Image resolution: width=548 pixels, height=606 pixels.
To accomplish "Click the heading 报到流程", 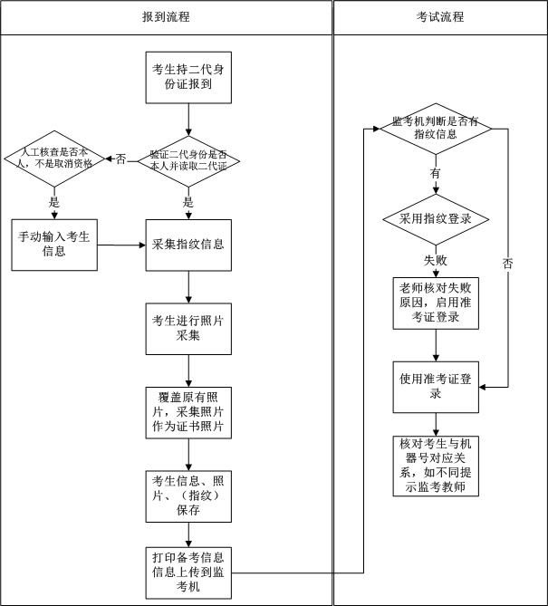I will [166, 16].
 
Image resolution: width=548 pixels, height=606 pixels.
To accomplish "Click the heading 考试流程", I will [440, 16].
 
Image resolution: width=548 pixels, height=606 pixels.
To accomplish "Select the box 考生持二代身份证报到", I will [188, 77].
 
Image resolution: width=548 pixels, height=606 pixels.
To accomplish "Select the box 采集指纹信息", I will [188, 245].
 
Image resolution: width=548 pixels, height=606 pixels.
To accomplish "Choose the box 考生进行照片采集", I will [188, 328].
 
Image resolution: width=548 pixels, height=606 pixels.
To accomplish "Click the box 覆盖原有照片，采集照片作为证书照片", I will [188, 411].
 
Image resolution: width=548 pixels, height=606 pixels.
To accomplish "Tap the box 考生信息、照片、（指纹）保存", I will [188, 495].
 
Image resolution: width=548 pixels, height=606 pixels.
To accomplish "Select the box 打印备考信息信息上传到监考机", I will [188, 572].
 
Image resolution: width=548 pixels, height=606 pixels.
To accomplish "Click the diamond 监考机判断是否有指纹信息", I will [437, 128].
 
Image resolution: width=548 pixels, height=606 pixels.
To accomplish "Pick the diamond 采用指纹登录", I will [437, 220].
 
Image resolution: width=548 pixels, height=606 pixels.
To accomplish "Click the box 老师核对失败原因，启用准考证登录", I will [437, 303].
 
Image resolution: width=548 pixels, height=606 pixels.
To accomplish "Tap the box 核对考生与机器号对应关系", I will [437, 465].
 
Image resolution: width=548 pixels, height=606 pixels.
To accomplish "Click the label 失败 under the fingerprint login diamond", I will [436, 260].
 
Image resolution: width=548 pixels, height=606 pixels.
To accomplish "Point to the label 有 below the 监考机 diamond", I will [436, 172].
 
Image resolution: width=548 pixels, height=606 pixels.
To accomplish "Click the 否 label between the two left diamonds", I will [120, 159].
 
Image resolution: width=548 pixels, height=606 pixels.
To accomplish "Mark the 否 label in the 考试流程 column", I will [507, 264].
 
